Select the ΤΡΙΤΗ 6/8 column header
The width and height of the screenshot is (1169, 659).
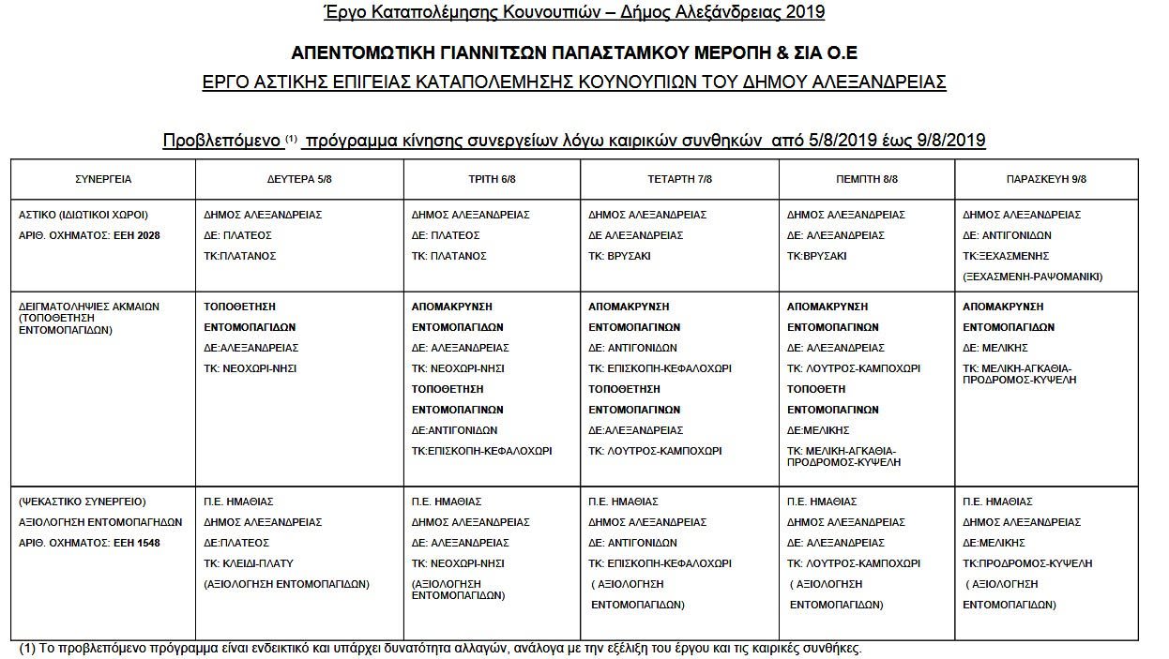[492, 179]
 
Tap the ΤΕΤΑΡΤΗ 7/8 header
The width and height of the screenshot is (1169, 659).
[679, 179]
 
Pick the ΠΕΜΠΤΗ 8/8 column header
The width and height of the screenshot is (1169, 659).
[867, 179]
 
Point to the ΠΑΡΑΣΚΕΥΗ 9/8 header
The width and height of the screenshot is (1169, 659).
[1046, 179]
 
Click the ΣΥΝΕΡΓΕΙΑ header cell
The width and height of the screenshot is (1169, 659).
[103, 179]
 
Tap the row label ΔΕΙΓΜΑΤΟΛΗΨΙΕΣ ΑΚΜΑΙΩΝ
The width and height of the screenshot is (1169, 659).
[89, 307]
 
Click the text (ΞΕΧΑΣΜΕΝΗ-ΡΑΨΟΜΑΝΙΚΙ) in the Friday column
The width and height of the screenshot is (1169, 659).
[1032, 277]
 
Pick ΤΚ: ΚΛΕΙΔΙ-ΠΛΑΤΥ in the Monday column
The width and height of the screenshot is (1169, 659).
[249, 563]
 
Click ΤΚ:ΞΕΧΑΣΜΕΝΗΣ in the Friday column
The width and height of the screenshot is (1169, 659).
[1006, 256]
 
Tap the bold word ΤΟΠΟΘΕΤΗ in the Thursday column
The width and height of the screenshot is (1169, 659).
[815, 389]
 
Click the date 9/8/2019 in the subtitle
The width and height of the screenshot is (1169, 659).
[950, 141]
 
